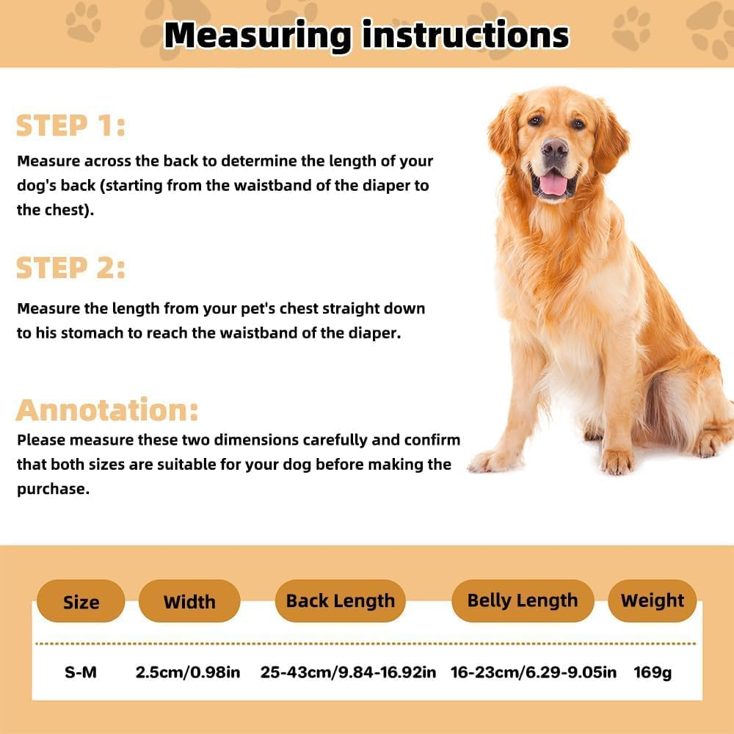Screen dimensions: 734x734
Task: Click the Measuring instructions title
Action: pos(366,34)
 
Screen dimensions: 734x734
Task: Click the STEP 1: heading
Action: pos(70,126)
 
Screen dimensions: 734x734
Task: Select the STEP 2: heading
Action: pos(70,268)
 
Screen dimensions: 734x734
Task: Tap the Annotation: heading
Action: pos(107,410)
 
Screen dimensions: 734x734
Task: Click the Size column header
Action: pos(81,602)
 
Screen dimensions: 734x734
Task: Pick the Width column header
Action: pos(189,602)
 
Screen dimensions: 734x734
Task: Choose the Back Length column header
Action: pos(340,600)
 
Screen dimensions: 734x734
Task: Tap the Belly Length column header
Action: pos(522,600)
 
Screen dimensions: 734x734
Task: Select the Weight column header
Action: pos(652,600)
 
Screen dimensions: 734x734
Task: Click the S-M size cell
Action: pos(81,672)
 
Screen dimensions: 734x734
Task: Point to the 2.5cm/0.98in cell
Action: pos(188,672)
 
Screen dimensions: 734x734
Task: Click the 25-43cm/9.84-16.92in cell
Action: pos(348,672)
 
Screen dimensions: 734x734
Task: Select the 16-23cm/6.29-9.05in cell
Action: pos(534,672)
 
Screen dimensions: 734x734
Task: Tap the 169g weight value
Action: pos(653,672)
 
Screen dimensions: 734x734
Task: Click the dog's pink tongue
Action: pos(553,183)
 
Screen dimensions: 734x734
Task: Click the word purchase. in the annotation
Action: pos(53,490)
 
